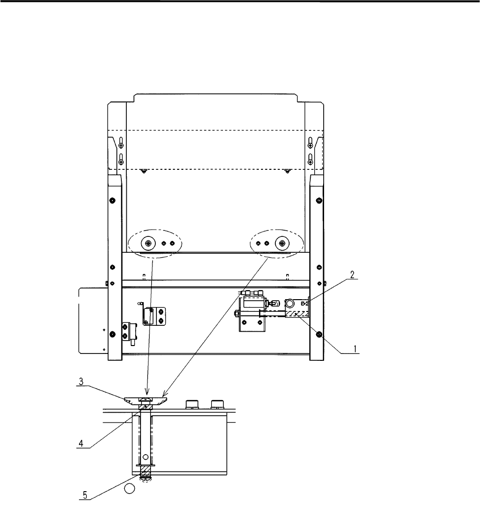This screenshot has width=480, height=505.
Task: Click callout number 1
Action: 355,349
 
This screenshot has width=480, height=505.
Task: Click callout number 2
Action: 352,275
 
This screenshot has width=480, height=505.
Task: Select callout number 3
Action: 81,382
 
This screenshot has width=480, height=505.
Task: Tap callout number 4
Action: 81,443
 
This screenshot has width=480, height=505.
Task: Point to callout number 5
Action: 85,495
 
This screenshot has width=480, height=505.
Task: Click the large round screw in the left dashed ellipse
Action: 148,243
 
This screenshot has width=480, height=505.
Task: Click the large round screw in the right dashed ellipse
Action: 282,243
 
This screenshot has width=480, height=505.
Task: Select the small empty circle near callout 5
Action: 129,488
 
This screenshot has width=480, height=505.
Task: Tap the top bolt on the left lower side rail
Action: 112,200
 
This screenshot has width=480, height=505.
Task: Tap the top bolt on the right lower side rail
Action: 319,200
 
